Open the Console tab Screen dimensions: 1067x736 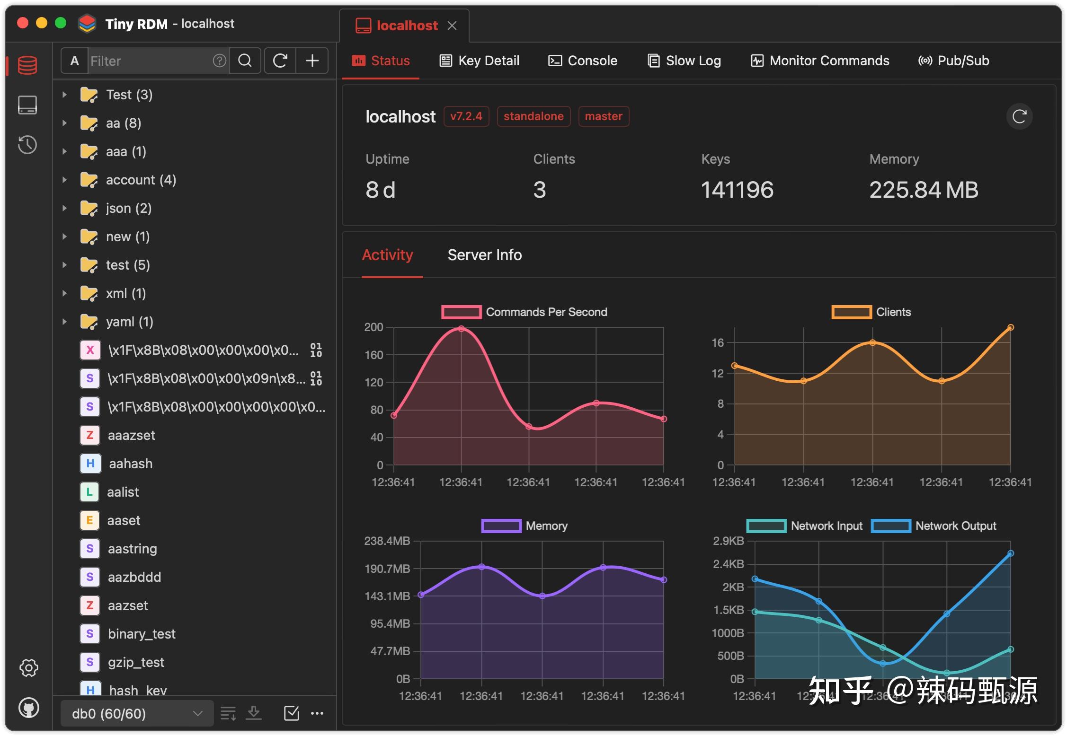[x=583, y=61]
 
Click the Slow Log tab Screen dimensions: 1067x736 [x=684, y=61]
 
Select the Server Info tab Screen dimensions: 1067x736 [x=485, y=255]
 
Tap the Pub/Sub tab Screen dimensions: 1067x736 [x=954, y=61]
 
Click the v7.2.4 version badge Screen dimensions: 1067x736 [x=466, y=116]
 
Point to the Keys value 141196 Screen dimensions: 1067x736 [x=737, y=190]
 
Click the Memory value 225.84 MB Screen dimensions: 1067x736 [x=924, y=190]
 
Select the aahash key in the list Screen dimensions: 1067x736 [x=131, y=464]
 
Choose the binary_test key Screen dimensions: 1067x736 [x=142, y=634]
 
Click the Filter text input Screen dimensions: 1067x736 [x=150, y=61]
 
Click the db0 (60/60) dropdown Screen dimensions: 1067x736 [x=137, y=713]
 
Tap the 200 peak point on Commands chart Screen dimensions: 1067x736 [x=462, y=328]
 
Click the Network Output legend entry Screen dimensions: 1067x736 [x=934, y=526]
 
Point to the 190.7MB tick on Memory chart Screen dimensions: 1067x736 [x=387, y=569]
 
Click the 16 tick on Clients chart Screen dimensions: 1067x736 [x=718, y=342]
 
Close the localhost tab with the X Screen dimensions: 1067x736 [x=452, y=26]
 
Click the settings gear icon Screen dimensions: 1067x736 [x=28, y=668]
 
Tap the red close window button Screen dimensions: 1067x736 [x=23, y=23]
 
